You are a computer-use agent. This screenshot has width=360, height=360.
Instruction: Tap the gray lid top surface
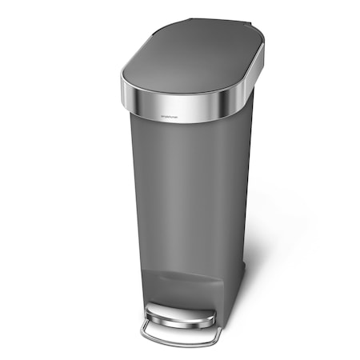coord(192,69)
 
